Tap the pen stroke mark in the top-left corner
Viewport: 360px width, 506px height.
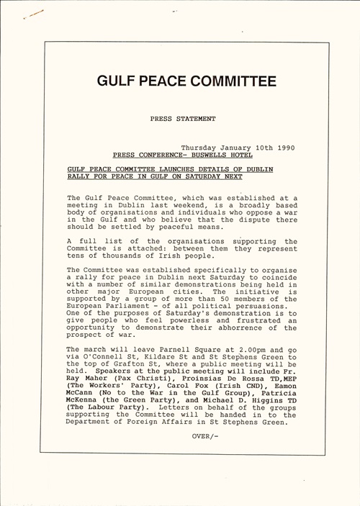click(34, 14)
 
